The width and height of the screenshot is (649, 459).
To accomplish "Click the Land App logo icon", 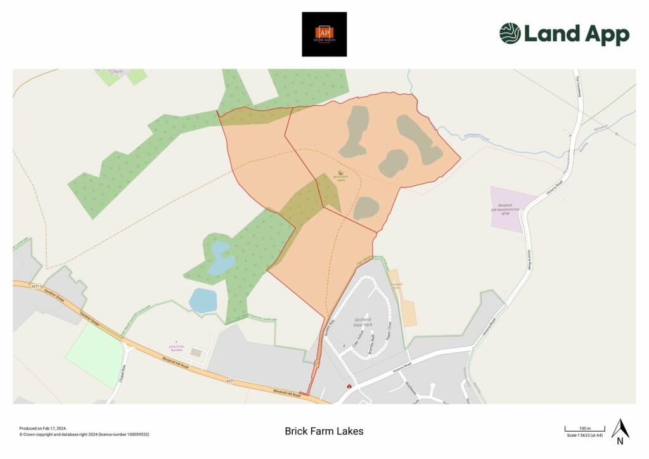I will pyautogui.click(x=510, y=34).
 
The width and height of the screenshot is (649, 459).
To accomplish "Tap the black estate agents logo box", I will pyautogui.click(x=324, y=34).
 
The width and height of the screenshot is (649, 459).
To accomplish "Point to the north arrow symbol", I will pyautogui.click(x=620, y=431).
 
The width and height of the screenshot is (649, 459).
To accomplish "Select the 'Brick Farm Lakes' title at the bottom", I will pyautogui.click(x=324, y=431).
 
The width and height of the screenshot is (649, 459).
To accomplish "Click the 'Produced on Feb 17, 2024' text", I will pyautogui.click(x=43, y=428).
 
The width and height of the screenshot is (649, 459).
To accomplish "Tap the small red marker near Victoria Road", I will pyautogui.click(x=349, y=386).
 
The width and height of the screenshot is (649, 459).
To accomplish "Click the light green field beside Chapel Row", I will pyautogui.click(x=95, y=355).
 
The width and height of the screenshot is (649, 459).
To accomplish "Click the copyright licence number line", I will pyautogui.click(x=84, y=434).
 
